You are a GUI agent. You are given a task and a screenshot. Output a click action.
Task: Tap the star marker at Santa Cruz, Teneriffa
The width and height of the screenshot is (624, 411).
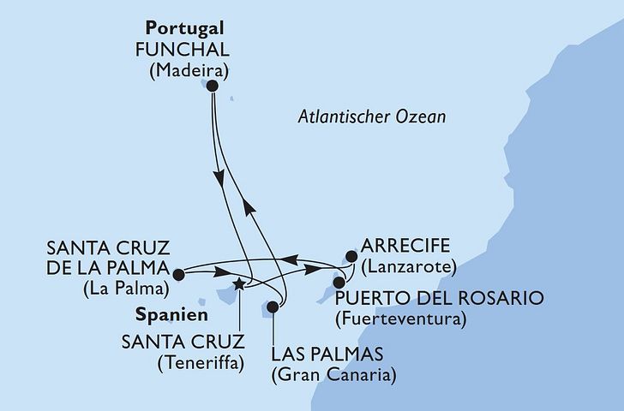(239, 285)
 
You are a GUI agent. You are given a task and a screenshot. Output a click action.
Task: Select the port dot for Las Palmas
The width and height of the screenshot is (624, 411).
(273, 307)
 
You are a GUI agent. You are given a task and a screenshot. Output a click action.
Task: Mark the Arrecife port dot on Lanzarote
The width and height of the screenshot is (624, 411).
(349, 255)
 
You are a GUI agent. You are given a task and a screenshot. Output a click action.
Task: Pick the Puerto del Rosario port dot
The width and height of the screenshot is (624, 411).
(339, 282)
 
